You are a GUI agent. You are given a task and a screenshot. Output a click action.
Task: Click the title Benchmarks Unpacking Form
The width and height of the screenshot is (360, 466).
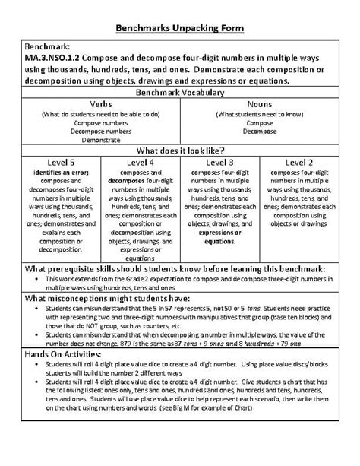[180, 28]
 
